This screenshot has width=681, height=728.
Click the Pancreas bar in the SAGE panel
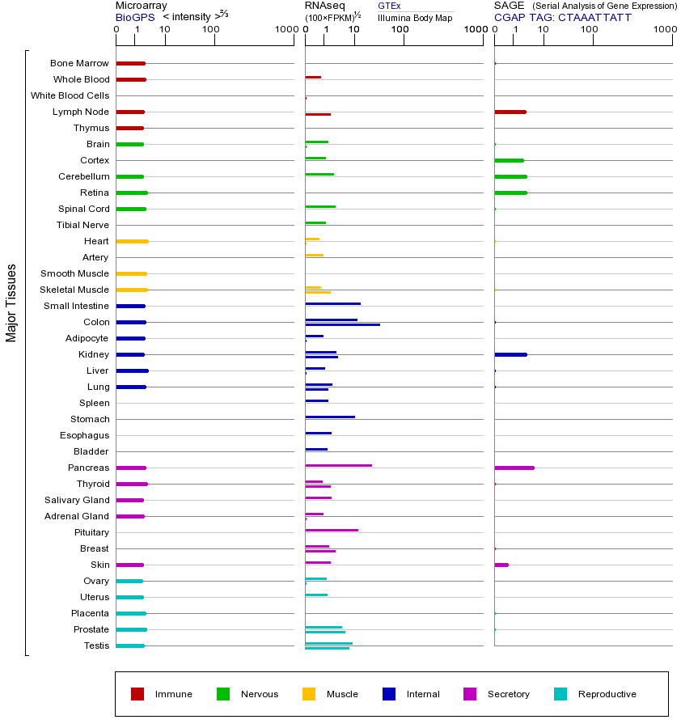(514, 468)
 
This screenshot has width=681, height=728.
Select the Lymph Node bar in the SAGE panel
(510, 112)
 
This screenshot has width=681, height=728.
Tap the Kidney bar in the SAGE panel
(510, 354)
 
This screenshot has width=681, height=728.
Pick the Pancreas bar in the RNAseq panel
(338, 465)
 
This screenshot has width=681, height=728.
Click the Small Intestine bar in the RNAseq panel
(332, 303)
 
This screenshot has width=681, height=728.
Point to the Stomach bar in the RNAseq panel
(330, 417)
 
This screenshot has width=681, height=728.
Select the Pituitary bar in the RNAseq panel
(332, 530)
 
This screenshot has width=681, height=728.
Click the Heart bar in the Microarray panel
(132, 241)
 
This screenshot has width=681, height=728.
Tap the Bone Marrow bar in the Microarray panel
(130, 63)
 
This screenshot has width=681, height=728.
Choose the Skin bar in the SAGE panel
(501, 565)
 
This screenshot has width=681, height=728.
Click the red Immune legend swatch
(137, 694)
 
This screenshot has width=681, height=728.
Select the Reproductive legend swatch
(560, 694)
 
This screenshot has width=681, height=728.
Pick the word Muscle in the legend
(342, 694)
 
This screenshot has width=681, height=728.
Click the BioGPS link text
(133, 16)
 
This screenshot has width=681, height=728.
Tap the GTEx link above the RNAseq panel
(389, 6)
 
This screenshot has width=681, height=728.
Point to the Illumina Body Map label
(415, 17)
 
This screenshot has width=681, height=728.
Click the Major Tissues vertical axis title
(11, 303)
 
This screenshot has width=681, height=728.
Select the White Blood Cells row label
(70, 95)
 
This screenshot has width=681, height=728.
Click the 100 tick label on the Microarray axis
(211, 30)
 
